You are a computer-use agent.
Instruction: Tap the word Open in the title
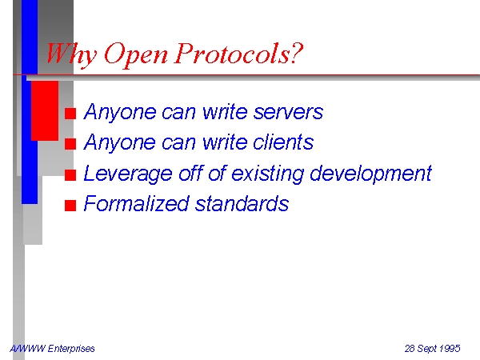(136, 54)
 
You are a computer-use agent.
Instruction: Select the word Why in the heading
(71, 54)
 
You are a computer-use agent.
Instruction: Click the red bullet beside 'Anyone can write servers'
(70, 114)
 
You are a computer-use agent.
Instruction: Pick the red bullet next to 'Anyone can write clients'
(70, 144)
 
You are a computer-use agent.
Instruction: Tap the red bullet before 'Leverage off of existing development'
(70, 175)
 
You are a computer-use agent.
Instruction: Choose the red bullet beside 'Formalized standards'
(70, 206)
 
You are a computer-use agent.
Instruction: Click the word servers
(288, 112)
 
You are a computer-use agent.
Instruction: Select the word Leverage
(128, 174)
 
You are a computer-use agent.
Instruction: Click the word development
(370, 174)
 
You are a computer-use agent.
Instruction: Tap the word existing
(267, 174)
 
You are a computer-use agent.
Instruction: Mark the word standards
(242, 203)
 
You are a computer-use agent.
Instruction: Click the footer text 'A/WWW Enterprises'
(52, 349)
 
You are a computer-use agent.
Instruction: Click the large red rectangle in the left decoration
(45, 111)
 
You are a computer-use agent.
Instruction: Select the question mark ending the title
(296, 53)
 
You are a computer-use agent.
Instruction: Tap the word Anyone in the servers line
(119, 112)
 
